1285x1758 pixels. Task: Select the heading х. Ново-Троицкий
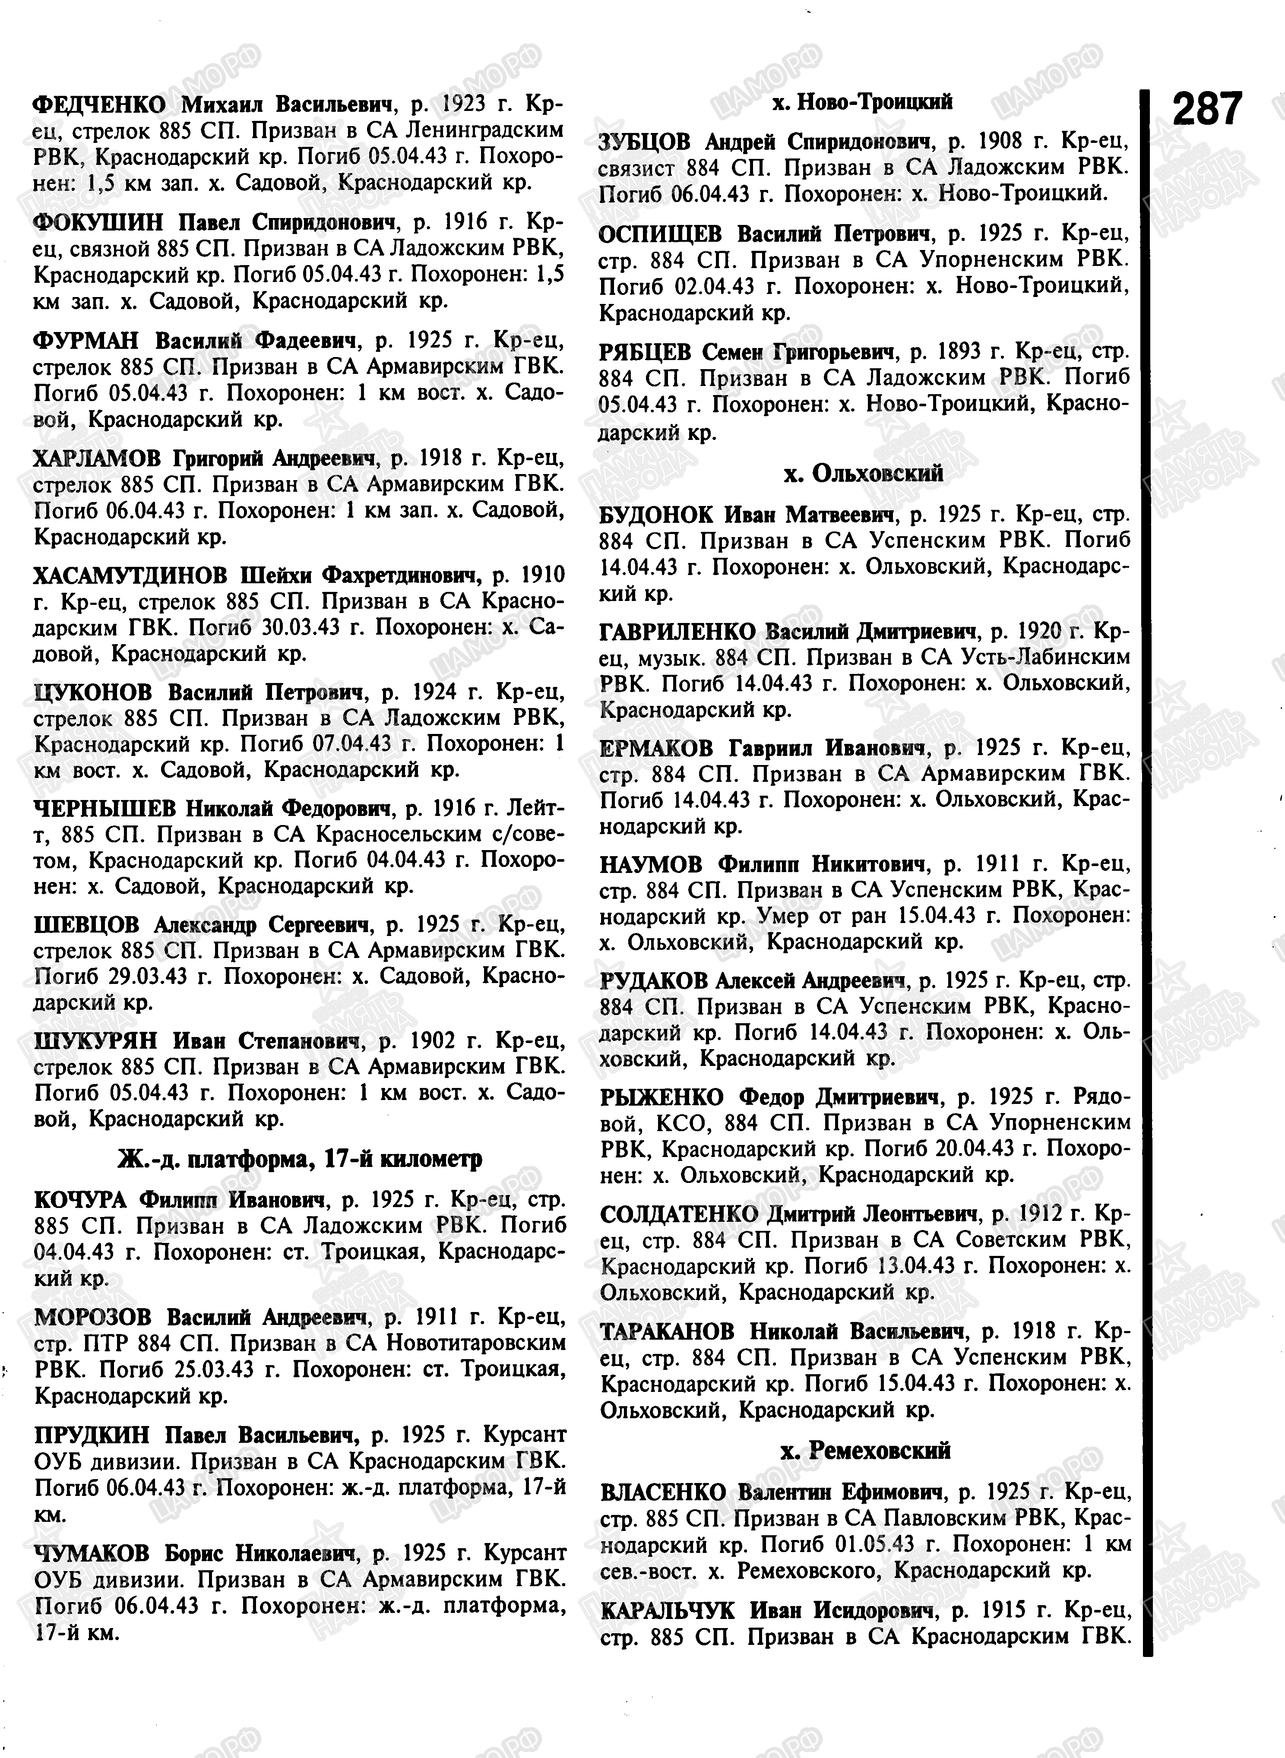[x=864, y=102]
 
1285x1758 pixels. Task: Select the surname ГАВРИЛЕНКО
[x=677, y=631]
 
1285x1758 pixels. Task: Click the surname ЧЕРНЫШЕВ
[x=105, y=809]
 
